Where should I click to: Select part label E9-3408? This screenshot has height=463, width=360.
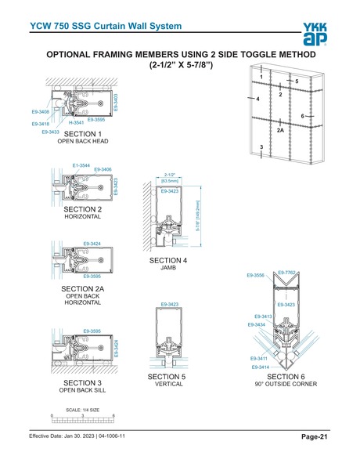[x=40, y=112]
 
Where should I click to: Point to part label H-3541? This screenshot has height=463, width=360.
[x=77, y=124]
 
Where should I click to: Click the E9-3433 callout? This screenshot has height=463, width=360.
[x=51, y=132]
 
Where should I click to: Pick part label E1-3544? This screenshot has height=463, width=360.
[x=81, y=165]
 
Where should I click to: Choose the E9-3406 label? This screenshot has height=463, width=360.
[x=103, y=169]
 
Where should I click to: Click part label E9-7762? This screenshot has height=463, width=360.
[x=286, y=272]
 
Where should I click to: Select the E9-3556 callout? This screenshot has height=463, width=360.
[x=256, y=276]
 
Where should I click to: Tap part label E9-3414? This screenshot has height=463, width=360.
[x=261, y=367]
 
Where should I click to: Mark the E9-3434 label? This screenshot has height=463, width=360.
[x=256, y=324]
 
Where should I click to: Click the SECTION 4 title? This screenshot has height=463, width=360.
[x=168, y=259]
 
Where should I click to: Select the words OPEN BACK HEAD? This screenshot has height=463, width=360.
[x=82, y=142]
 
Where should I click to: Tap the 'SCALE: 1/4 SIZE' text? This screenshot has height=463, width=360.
[x=81, y=410]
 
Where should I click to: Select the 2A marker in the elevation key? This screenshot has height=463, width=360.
[x=279, y=130]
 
